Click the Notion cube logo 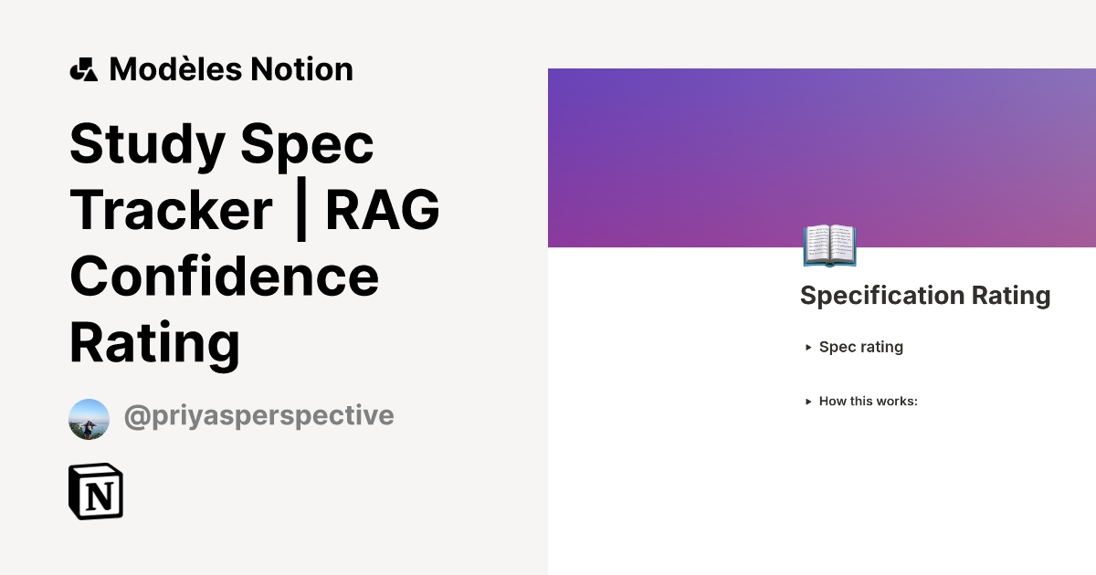[x=96, y=492]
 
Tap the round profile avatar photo [x=89, y=419]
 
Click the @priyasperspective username [x=258, y=416]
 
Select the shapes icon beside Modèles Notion [x=83, y=69]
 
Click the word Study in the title [x=148, y=143]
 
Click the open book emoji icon [x=829, y=246]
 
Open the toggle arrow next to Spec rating [x=808, y=348]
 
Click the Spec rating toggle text [x=860, y=347]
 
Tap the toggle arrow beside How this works [x=808, y=402]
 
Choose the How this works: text [x=868, y=402]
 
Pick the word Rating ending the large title [x=154, y=343]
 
